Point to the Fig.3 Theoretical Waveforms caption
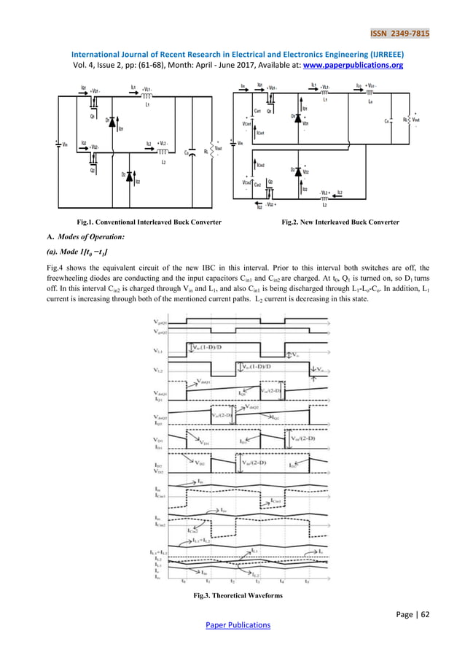click(232, 596)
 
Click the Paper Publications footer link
click(232, 625)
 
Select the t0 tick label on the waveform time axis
click(184, 581)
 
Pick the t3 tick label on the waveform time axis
click(257, 581)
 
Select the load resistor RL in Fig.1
click(206, 152)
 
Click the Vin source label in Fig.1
click(65, 144)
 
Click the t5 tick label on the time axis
click(307, 581)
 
